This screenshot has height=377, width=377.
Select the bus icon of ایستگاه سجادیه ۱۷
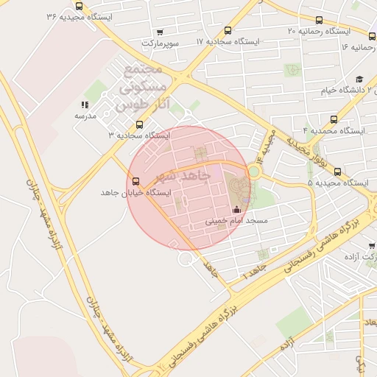click(228, 31)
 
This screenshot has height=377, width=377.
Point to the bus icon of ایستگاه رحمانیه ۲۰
click(319, 21)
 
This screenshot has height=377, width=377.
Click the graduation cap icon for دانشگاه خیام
click(359, 80)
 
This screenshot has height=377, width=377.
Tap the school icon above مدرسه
click(85, 105)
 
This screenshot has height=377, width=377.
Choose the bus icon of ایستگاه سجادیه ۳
click(139, 124)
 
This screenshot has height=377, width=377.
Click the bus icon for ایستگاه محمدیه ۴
click(334, 119)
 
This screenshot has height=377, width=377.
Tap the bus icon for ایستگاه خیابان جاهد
click(135, 181)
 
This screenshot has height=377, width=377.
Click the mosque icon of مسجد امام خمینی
click(236, 209)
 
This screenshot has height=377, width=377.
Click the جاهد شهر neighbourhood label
click(185, 177)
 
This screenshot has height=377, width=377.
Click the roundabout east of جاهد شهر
click(254, 172)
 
